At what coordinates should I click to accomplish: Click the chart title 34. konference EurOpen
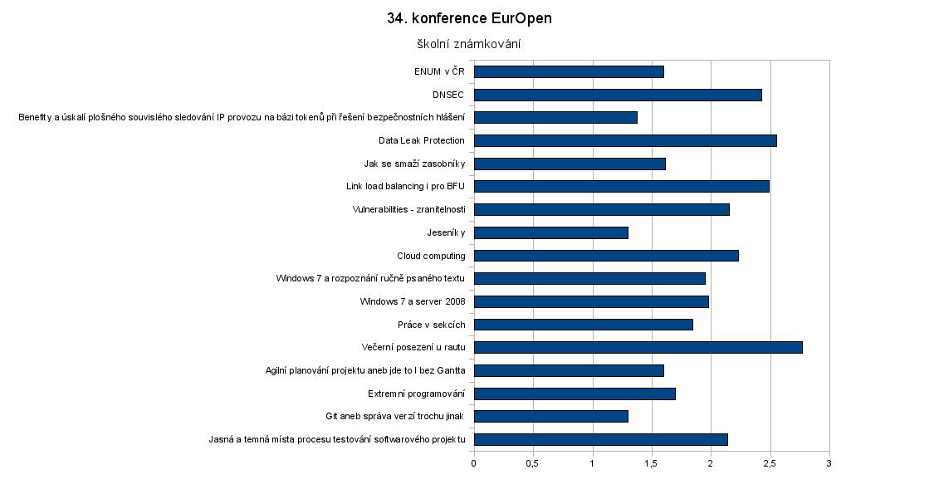point(469,18)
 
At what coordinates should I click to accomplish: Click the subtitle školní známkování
point(469,44)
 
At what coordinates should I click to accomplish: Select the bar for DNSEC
point(618,95)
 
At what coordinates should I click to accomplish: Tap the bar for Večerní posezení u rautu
point(638,347)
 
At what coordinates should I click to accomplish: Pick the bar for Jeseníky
point(551,232)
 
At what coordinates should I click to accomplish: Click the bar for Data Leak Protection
point(625,140)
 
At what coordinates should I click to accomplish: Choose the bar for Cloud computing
point(606,256)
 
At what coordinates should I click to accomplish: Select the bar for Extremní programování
point(575,394)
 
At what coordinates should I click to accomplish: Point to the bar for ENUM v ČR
point(569,71)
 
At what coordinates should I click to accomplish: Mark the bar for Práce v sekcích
point(584,325)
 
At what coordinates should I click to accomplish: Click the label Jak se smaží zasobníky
point(414,164)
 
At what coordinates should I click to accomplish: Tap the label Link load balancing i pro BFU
point(405,186)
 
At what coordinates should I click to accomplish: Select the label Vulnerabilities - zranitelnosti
point(408,209)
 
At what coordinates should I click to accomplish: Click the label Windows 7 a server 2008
point(413,301)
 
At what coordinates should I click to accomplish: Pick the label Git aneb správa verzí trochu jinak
point(395,416)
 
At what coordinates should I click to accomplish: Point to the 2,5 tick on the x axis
point(770,462)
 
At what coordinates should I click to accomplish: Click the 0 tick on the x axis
point(474,462)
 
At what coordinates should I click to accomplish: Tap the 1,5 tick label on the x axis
point(652,462)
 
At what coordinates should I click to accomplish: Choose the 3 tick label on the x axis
point(829,462)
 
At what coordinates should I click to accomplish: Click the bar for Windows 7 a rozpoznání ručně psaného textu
point(589,278)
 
